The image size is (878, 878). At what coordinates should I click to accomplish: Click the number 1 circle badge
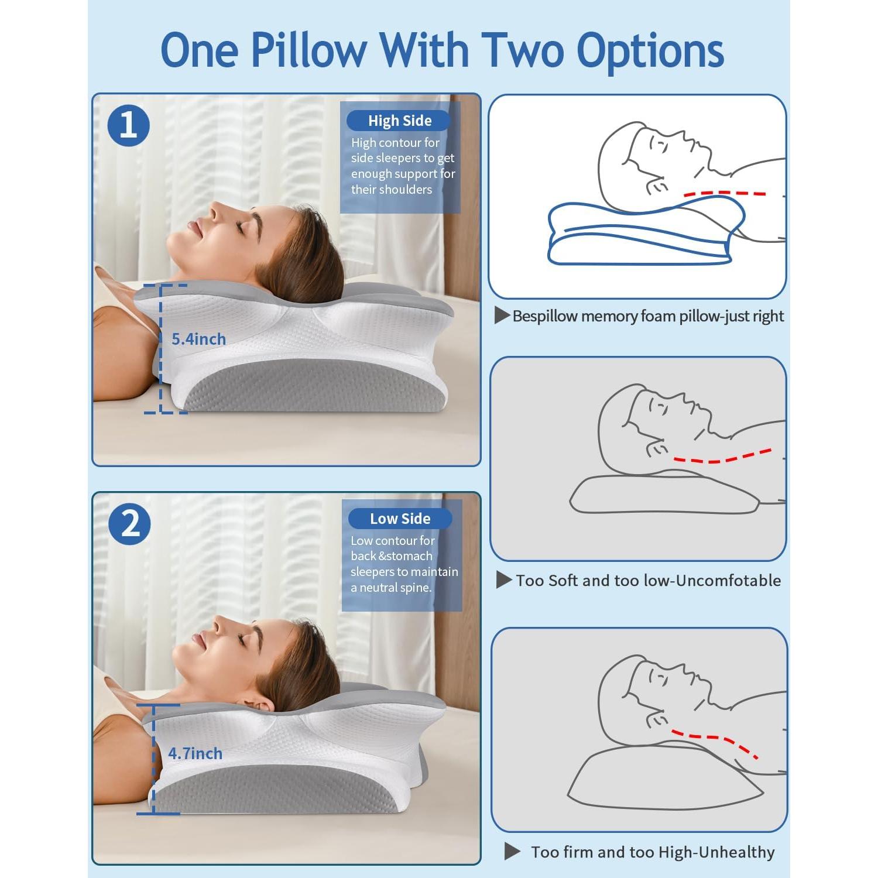tap(129, 125)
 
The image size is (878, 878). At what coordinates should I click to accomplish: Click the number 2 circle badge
tap(129, 524)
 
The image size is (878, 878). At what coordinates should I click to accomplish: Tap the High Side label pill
tap(399, 121)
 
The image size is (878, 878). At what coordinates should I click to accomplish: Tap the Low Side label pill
tap(400, 519)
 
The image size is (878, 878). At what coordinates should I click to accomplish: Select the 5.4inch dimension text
tap(198, 339)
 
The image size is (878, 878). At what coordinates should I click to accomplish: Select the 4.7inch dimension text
tap(195, 753)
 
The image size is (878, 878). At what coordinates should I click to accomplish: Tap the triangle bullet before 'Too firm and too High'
tap(512, 852)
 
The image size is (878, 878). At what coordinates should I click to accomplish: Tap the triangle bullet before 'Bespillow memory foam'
tap(502, 315)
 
